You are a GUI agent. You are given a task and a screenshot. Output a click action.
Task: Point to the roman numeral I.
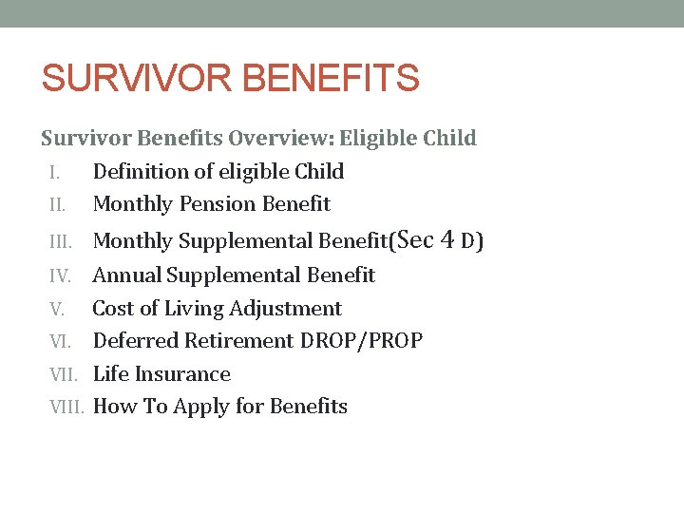tap(54, 172)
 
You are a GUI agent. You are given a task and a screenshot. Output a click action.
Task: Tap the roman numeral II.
tap(57, 204)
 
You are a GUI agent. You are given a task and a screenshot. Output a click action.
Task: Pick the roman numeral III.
tap(60, 241)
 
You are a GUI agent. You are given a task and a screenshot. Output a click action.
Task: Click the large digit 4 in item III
tap(446, 239)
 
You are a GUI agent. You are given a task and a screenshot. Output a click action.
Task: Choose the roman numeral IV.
tap(61, 275)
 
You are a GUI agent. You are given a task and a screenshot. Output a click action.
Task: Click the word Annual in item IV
tap(127, 275)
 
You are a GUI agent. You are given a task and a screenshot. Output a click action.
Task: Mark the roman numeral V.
tap(56, 309)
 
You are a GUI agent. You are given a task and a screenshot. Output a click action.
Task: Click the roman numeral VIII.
tap(67, 407)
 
